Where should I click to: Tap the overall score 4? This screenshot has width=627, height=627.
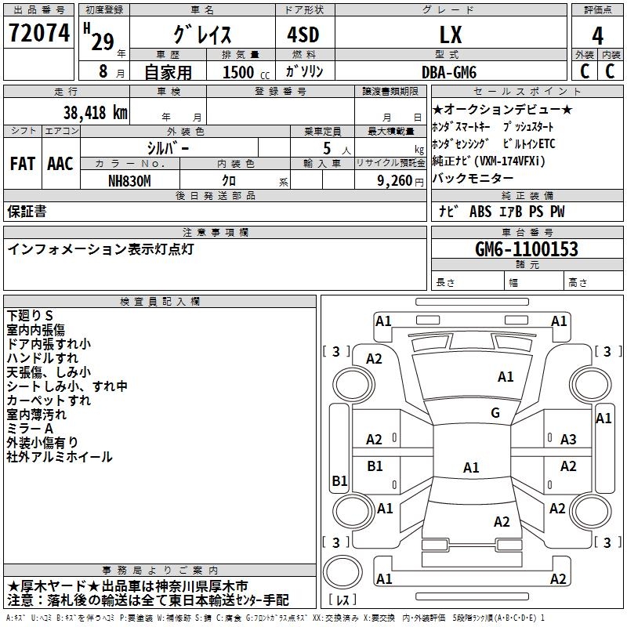coord(597,35)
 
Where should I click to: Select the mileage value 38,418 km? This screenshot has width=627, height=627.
coord(88,113)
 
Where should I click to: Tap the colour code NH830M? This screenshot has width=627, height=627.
coord(131,180)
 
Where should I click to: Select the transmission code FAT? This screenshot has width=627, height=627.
coord(22,165)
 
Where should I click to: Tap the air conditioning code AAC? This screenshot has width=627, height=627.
coord(60,165)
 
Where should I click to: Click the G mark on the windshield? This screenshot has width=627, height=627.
coord(495,413)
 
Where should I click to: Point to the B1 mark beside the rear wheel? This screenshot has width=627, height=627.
coord(339,480)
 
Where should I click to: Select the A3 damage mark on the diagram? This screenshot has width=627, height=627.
coord(568,440)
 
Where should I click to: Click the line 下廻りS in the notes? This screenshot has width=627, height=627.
coord(30,315)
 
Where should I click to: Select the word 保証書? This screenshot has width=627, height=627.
coord(27,212)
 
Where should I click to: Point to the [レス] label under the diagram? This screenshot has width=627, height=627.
coord(342,600)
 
